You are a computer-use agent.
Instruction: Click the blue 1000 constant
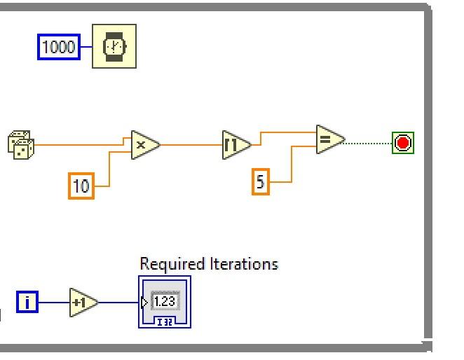59,48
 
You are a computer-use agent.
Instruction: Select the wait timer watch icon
114,46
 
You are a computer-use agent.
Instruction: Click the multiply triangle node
144,144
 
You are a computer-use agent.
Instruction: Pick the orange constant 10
81,186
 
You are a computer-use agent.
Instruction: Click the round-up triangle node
236,144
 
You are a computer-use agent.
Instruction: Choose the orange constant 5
261,182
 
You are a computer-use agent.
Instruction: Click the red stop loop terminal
403,144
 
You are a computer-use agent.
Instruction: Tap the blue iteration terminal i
27,303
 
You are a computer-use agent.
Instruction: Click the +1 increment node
83,303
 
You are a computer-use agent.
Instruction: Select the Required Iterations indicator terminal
165,303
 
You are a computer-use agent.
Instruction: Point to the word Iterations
244,264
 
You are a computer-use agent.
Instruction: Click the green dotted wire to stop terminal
368,144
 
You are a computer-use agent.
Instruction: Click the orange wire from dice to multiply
77,144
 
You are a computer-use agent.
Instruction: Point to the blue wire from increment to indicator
119,303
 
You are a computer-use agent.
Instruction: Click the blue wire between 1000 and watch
86,48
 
